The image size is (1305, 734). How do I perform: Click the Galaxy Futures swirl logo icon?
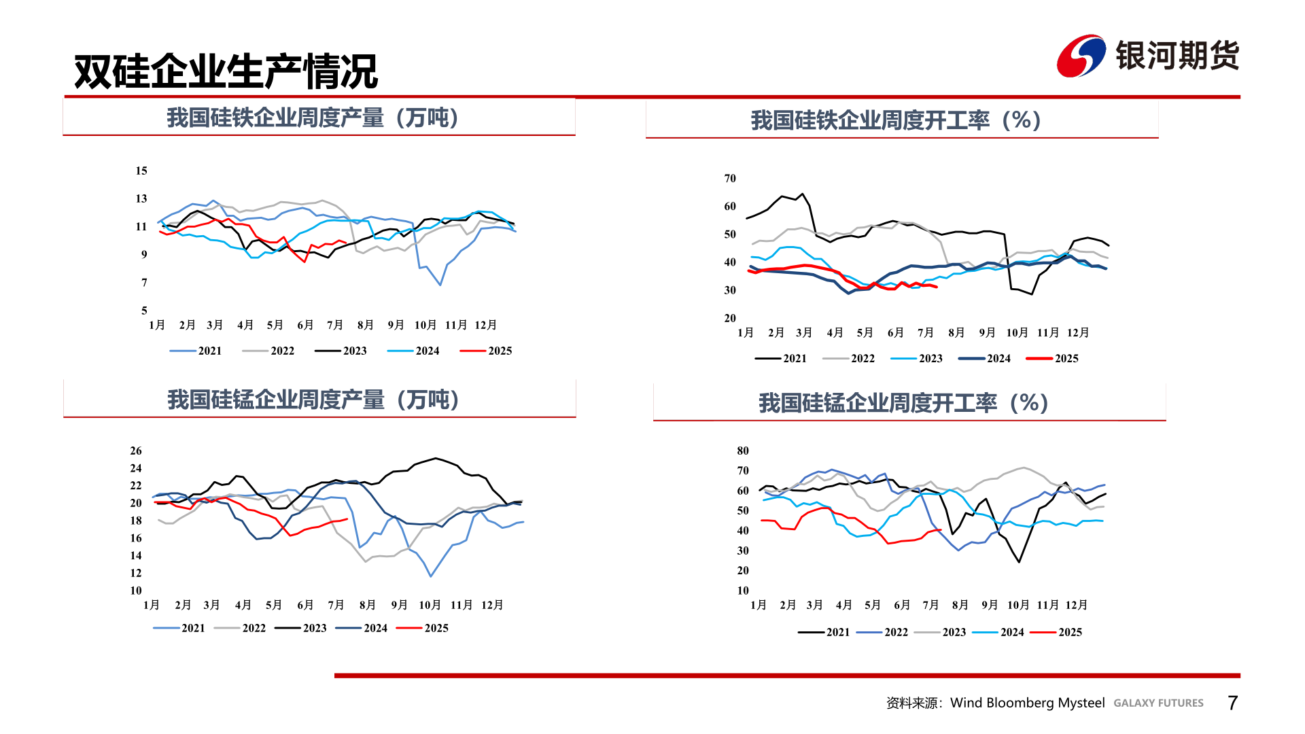[x=1081, y=56]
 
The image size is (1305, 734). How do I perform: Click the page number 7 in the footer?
[x=1232, y=703]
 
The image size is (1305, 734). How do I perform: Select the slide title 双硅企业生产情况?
[x=226, y=71]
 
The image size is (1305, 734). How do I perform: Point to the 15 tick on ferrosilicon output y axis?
[x=141, y=171]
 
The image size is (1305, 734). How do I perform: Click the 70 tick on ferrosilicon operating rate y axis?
[x=729, y=178]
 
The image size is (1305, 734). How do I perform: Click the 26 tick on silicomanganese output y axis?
[x=136, y=451]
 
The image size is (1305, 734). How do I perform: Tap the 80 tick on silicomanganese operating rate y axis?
[x=742, y=451]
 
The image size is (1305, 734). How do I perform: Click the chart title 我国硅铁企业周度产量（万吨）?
[x=313, y=118]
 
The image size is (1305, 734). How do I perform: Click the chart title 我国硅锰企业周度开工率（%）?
[x=904, y=403]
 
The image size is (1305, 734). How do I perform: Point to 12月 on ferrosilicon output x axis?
[x=485, y=325]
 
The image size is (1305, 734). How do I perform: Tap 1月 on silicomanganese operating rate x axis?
[x=758, y=605]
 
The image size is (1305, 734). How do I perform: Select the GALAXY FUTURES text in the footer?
[x=1158, y=703]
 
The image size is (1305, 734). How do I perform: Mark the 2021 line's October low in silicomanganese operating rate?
[x=1019, y=561]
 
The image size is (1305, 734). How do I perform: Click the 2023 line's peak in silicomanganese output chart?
[x=435, y=458]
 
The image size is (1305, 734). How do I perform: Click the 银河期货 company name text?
[x=1177, y=56]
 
